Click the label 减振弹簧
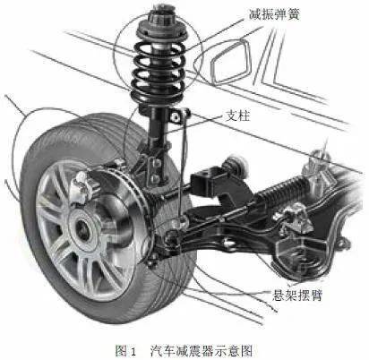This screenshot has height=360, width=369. (274, 14)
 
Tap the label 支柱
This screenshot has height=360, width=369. (237, 116)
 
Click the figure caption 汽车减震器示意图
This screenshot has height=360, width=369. (202, 351)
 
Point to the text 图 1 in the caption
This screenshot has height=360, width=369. (125, 351)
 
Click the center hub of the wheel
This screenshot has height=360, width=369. (82, 229)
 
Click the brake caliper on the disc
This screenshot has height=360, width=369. (85, 186)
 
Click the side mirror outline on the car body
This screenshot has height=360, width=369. (230, 61)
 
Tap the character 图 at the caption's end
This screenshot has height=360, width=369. (245, 351)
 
